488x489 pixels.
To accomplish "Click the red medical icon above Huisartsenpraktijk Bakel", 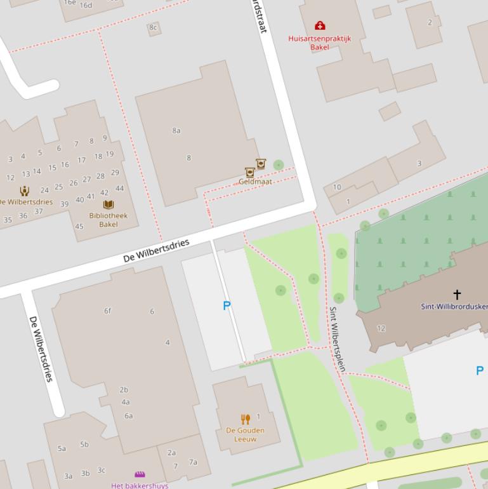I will [320, 26].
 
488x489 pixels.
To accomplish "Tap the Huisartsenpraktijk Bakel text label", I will [319, 43].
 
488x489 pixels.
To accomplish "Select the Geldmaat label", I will [255, 182].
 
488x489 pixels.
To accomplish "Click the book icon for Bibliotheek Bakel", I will [109, 204].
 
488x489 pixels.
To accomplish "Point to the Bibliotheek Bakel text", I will [108, 220].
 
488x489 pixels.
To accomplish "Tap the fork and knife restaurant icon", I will [246, 419].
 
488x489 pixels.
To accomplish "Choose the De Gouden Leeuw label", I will [245, 434].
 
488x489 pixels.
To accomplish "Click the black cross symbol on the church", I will [457, 294].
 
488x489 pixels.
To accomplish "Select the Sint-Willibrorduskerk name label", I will [454, 307].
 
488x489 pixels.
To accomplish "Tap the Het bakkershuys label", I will [140, 486].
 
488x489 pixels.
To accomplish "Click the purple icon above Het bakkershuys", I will [140, 474].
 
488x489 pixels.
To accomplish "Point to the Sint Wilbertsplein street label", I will [336, 339].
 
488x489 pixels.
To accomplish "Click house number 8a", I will [176, 131].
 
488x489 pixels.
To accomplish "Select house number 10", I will [337, 187].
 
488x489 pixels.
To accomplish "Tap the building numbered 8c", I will [152, 28].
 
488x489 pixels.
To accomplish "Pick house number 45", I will [79, 226].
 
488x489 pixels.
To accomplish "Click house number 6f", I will [108, 311].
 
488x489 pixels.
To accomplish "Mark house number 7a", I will [193, 462].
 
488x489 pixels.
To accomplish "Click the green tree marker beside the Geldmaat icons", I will [278, 165].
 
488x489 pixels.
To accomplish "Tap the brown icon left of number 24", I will [24, 191].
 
